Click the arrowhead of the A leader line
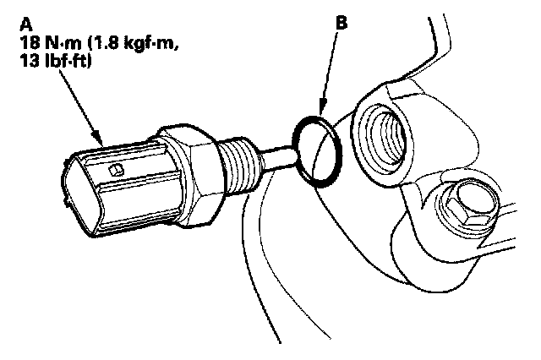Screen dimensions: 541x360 click(100, 140)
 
